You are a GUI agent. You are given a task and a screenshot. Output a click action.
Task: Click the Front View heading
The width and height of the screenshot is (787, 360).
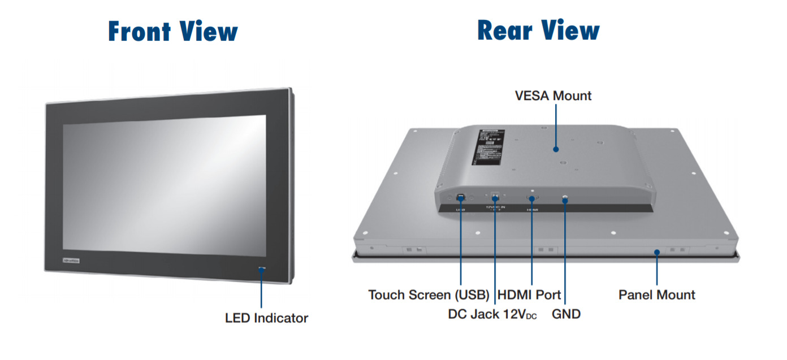coord(172,32)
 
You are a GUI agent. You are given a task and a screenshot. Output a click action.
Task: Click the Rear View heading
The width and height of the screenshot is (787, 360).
coord(538,31)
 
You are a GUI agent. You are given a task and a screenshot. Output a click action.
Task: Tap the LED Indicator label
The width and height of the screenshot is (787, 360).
coord(266,318)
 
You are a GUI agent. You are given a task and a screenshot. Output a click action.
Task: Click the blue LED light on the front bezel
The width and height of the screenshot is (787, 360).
coord(261,268)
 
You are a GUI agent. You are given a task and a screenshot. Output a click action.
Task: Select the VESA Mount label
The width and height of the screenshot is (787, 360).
coord(553,96)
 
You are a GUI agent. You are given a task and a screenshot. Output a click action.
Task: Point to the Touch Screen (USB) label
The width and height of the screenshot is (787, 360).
coord(429,295)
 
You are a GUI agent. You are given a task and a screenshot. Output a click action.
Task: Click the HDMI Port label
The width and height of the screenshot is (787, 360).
coord(529,295)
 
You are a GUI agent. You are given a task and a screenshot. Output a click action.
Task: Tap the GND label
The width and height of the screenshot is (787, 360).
coord(566,314)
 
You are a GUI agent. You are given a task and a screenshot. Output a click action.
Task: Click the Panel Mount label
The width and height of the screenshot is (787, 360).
coord(656,295)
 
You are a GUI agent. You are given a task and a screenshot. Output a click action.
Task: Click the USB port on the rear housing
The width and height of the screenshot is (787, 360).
coord(460,197)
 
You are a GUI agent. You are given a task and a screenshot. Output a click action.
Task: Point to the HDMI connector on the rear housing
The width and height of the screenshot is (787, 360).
coord(532,198)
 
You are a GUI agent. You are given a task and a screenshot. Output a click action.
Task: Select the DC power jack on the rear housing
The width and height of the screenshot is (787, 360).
coord(495,197)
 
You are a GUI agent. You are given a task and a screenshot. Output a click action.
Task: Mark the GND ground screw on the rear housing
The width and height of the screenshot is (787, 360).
coord(565,197)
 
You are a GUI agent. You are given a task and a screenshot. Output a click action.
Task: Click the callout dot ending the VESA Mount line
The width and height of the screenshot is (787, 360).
coord(556,150)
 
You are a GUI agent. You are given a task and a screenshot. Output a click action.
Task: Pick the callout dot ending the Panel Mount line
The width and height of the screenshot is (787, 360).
coord(656,253)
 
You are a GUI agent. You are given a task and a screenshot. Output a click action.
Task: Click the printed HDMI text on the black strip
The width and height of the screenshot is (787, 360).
coord(532,210)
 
